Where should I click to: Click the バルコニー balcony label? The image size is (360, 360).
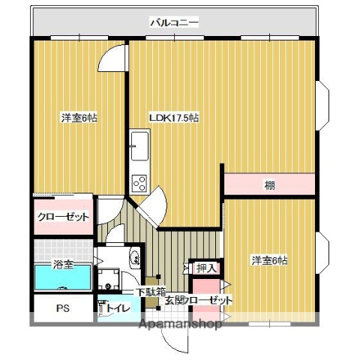174,23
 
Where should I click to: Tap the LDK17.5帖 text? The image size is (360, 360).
174,118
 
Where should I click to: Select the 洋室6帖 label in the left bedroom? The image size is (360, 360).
78,118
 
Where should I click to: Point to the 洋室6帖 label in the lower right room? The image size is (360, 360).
269,260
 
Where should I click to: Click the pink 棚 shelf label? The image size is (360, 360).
268,184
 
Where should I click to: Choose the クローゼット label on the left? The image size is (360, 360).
63,217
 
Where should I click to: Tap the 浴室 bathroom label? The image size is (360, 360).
63,265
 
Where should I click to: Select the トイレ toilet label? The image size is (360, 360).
116,308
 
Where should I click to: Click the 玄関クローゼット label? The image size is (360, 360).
199,301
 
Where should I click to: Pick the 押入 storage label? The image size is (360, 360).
206,268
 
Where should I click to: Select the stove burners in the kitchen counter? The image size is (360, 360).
139,181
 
